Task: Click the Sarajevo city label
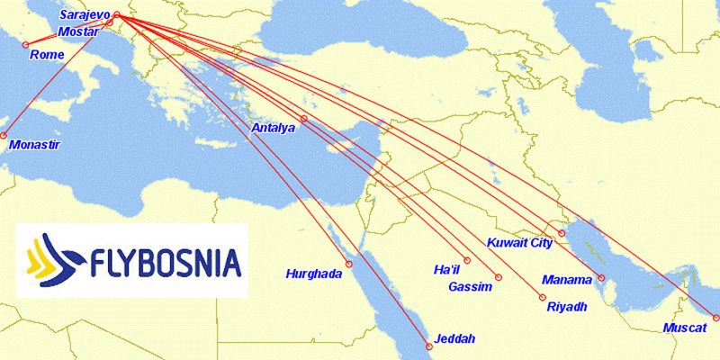coord(86,15)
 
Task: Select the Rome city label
coord(46,55)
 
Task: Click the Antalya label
coord(274,129)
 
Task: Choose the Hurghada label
coord(314,274)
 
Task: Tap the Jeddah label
coord(454,339)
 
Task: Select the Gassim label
coord(471,287)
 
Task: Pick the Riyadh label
coord(567,307)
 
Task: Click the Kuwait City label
coord(519,242)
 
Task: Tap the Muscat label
coord(685,328)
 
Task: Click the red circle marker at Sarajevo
coord(117,14)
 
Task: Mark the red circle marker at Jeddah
coord(427,340)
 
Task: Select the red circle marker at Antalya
coord(303,119)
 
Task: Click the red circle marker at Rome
coord(26,45)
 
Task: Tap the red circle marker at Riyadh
coord(543,297)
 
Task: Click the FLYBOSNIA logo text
coord(166,262)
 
